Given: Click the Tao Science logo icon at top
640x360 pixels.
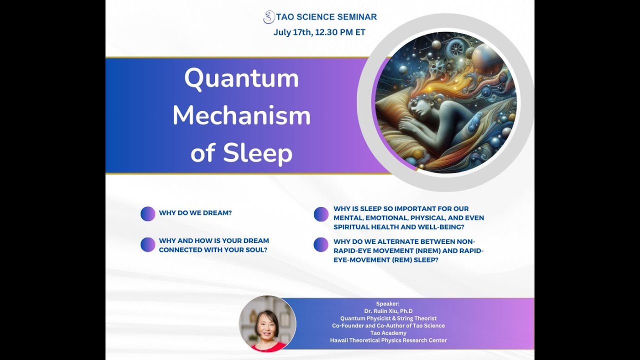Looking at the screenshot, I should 269,17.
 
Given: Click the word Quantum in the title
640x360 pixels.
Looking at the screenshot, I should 241,78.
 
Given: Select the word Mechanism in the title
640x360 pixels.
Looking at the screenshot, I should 241,116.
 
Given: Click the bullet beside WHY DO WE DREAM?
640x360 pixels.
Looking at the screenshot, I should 148,213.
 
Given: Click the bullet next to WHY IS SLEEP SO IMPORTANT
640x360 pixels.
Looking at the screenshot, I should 321,214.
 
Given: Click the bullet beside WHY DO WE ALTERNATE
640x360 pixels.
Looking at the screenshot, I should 321,244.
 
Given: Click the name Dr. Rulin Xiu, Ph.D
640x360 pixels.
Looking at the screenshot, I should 388,311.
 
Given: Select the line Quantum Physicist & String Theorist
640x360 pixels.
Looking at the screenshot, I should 388,318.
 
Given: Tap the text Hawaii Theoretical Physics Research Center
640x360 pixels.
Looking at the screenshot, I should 388,340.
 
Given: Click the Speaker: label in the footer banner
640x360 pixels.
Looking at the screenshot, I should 388,303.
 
